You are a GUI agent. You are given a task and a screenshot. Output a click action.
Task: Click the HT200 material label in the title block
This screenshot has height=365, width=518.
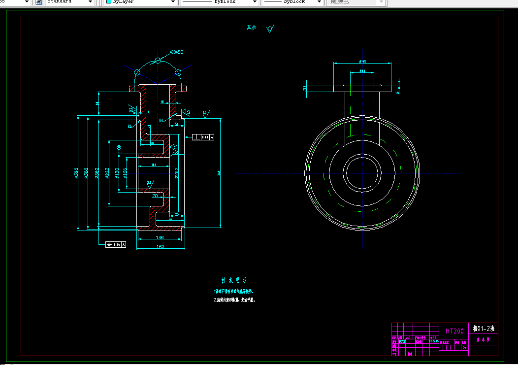[454, 331]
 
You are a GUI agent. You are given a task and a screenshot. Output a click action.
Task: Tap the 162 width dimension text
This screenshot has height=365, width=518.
[160, 246]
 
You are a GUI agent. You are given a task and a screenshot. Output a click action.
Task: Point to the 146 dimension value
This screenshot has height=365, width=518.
[160, 237]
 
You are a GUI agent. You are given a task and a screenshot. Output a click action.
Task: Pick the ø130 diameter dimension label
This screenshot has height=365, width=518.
[117, 173]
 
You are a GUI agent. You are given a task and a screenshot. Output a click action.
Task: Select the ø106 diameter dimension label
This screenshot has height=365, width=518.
[125, 173]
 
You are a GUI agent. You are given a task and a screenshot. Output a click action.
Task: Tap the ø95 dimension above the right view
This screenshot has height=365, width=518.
[362, 62]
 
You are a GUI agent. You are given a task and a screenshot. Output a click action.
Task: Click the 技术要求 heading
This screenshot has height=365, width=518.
[234, 280]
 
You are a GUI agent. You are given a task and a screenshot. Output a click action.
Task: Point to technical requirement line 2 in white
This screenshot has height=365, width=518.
[234, 299]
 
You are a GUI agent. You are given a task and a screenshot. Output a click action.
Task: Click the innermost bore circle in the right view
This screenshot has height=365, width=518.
[363, 173]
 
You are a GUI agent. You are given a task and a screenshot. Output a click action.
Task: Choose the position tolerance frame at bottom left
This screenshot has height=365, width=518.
[116, 244]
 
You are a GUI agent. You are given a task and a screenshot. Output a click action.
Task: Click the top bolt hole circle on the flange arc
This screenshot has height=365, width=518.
[158, 61]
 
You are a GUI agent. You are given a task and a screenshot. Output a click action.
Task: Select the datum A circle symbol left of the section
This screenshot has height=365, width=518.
[119, 147]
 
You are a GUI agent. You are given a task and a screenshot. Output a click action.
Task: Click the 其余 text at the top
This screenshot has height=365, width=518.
[252, 28]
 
